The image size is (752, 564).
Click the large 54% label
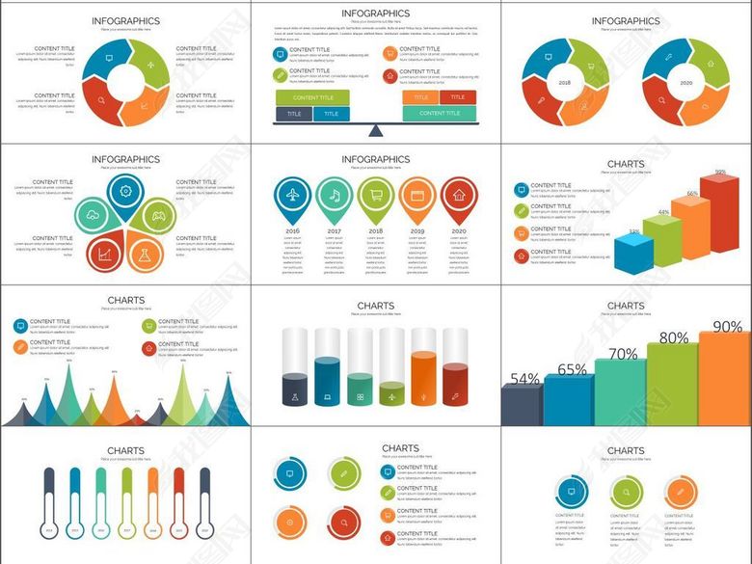tap(524, 379)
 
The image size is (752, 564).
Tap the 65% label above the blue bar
tap(572, 369)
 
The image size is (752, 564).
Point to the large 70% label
tap(623, 354)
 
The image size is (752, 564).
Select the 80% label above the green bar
tap(673, 338)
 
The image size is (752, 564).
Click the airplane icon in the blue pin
tap(292, 195)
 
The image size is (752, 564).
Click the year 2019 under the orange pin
tap(417, 232)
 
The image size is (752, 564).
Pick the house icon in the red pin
tap(460, 195)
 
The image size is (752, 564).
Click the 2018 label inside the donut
tap(564, 84)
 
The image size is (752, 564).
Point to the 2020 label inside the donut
tap(685, 84)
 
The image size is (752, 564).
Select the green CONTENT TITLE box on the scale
tap(313, 97)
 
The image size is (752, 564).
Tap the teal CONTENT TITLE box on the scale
tap(440, 113)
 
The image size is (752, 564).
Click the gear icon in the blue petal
tap(125, 191)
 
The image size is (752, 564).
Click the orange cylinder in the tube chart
tap(424, 378)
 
